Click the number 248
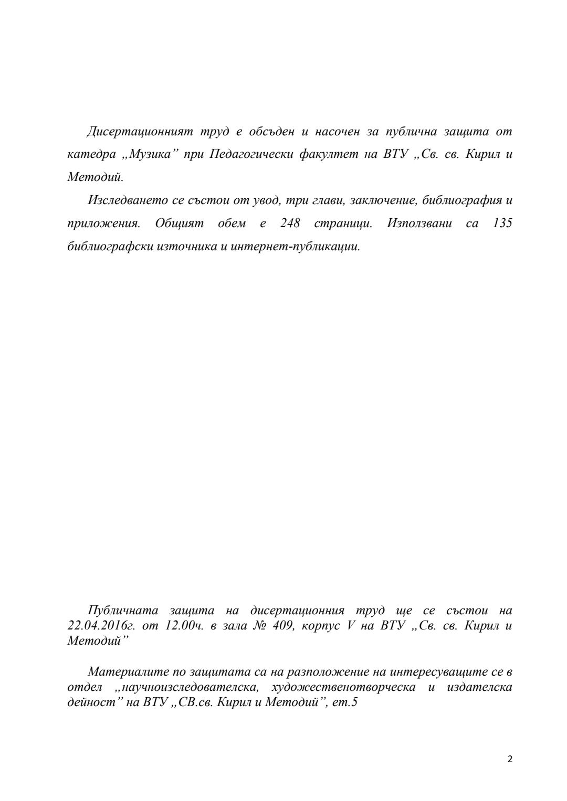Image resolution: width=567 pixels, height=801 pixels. click(290, 223)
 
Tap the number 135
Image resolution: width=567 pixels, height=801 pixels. click(502, 223)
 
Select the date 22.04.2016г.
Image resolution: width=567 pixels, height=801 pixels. click(101, 626)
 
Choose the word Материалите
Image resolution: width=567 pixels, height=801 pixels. click(122, 672)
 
